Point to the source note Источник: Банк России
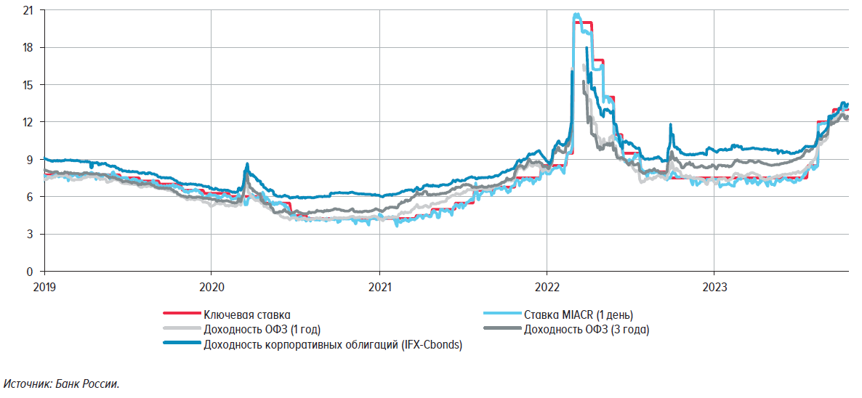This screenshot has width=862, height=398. [x=61, y=383]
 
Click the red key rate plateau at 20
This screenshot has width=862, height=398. [x=586, y=23]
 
